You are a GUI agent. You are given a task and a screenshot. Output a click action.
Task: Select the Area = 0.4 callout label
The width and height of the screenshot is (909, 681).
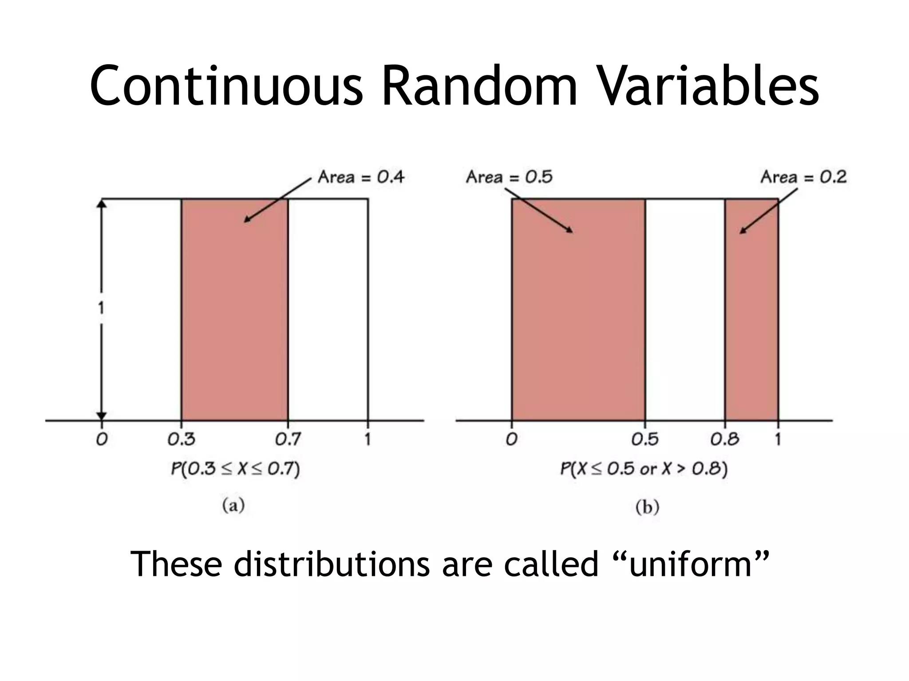pos(361,177)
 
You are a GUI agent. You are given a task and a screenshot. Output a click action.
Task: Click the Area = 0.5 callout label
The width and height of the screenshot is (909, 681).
pos(509,177)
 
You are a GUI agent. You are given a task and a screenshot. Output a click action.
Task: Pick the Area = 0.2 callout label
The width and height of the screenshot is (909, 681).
pos(803,177)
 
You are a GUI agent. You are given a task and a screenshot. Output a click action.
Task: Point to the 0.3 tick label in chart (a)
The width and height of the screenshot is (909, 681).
pos(181,439)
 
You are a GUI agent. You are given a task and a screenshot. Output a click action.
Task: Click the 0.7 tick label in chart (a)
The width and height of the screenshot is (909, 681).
pos(288,439)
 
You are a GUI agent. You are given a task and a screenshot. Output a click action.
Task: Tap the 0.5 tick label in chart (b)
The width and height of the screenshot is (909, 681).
pos(645,439)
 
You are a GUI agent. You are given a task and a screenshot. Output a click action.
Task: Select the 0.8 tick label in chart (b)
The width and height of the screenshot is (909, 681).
pos(724,439)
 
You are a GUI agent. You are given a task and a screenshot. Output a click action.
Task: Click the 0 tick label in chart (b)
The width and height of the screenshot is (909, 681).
pos(511,439)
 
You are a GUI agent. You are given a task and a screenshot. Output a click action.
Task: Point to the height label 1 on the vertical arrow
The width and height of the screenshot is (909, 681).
pos(101,307)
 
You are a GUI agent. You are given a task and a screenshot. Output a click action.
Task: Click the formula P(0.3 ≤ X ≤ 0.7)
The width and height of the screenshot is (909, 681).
pos(235,469)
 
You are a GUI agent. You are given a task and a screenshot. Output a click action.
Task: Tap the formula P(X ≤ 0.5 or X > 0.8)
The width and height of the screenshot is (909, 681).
pos(644,469)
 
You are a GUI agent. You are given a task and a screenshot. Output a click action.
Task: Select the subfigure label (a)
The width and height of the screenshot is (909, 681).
pos(233,505)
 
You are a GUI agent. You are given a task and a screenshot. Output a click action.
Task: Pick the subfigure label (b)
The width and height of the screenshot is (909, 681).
pos(647,507)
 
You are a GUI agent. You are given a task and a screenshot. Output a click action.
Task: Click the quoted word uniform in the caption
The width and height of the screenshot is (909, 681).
pos(691,564)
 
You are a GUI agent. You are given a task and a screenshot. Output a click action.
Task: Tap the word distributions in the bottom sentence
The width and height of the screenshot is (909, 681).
pos(332,564)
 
